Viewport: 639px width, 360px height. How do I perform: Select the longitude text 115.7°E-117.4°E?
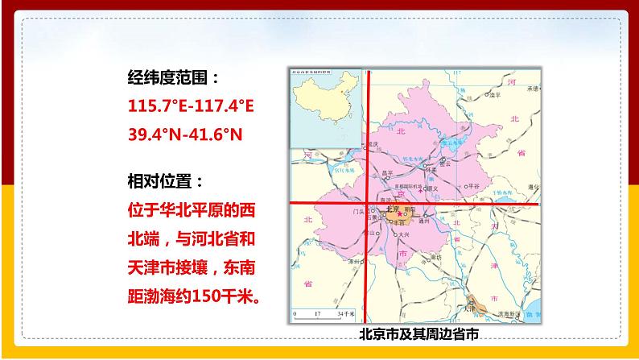(x=191, y=106)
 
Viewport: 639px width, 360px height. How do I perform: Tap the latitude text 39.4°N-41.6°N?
(x=185, y=133)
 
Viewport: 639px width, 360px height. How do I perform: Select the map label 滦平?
(x=498, y=94)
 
